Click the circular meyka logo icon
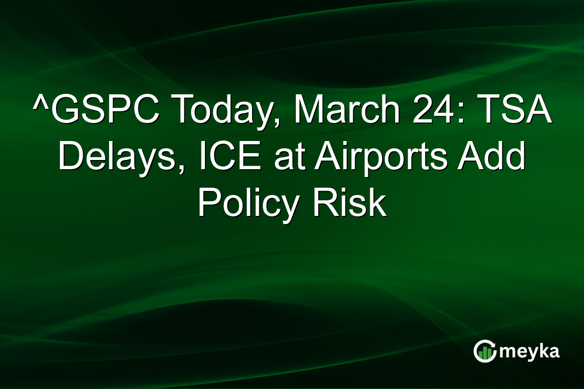(485, 351)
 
